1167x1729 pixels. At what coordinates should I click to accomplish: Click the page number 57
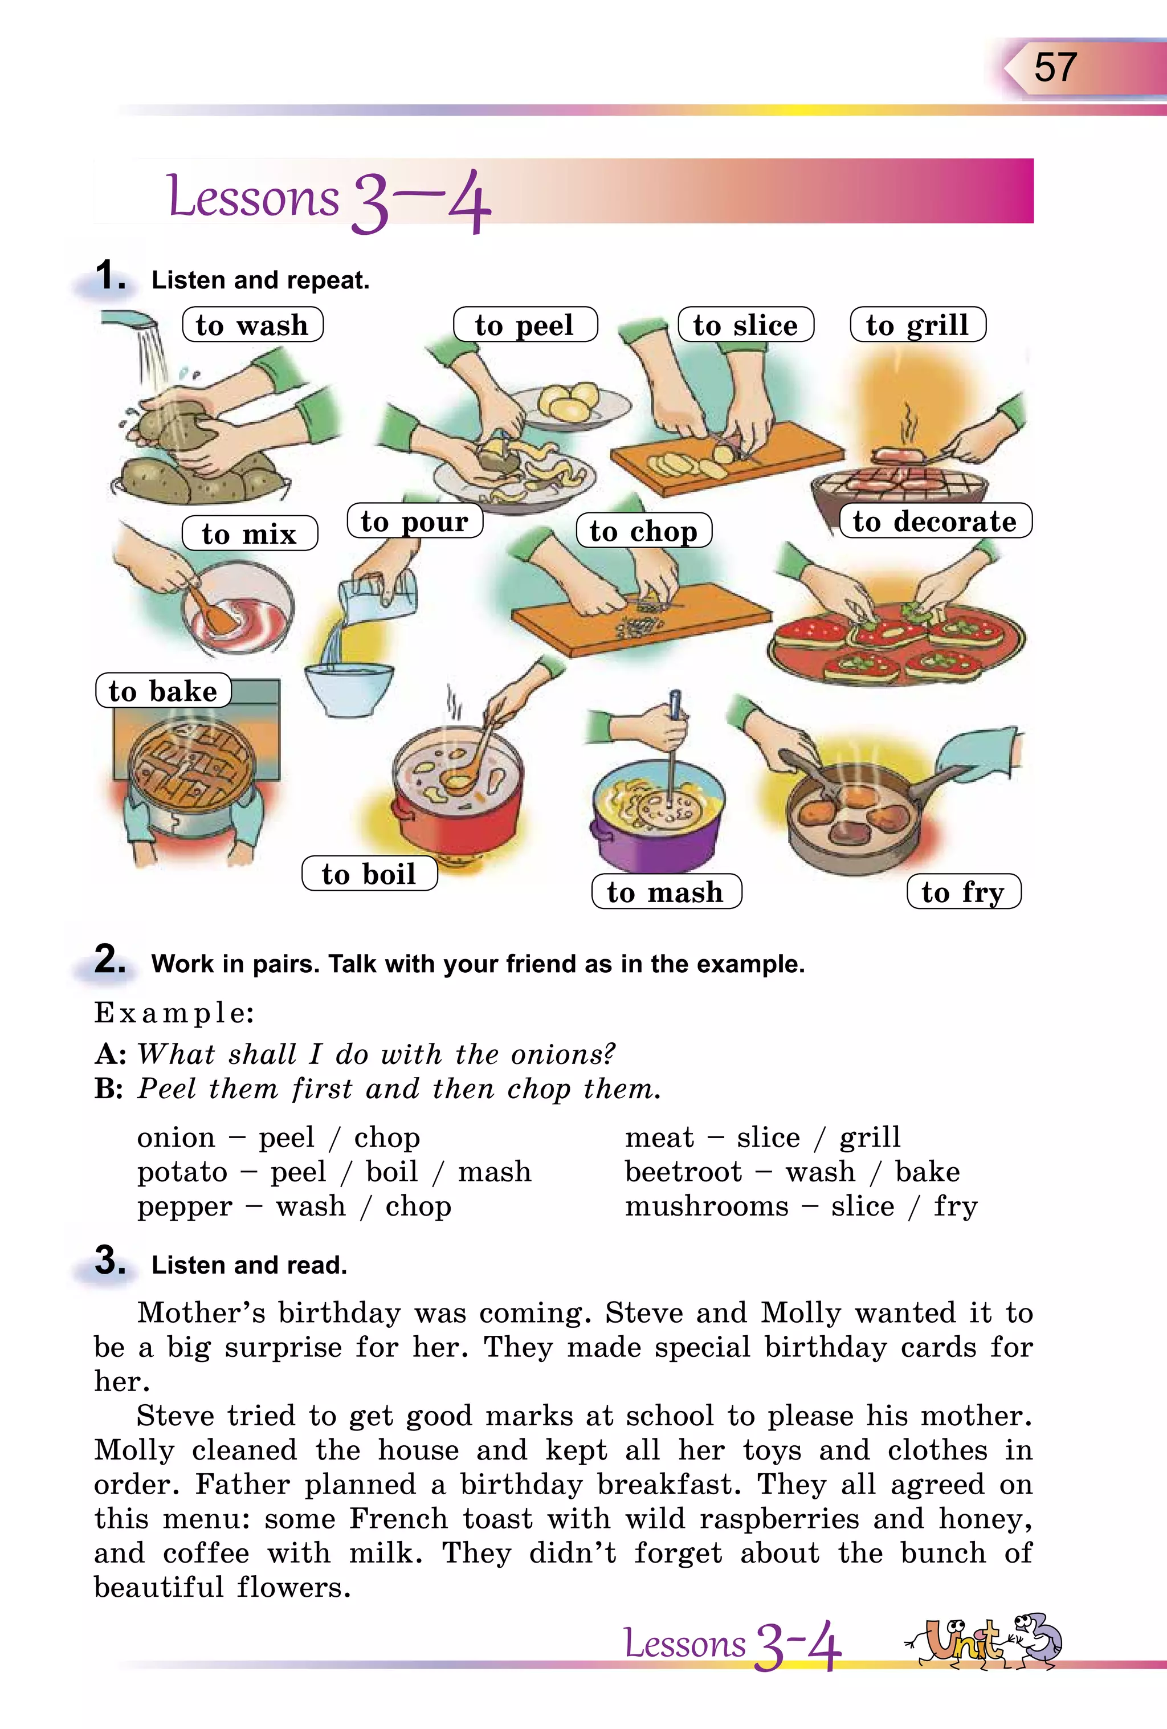click(x=1055, y=68)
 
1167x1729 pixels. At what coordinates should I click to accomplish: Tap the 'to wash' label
click(x=252, y=325)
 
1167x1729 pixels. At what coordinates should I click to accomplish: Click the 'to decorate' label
click(x=935, y=521)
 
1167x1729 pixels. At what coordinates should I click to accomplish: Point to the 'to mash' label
click(x=666, y=891)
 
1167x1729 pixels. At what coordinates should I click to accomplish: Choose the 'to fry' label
click(x=963, y=891)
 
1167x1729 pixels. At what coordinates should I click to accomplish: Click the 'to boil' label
click(x=369, y=874)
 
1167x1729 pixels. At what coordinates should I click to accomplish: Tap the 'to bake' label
click(x=163, y=691)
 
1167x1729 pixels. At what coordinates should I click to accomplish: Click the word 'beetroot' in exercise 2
click(x=683, y=1171)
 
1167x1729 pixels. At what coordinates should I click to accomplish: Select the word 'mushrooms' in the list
click(x=706, y=1205)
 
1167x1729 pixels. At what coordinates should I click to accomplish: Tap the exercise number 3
click(x=109, y=1261)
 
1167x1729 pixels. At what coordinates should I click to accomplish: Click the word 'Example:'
click(x=174, y=1013)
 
